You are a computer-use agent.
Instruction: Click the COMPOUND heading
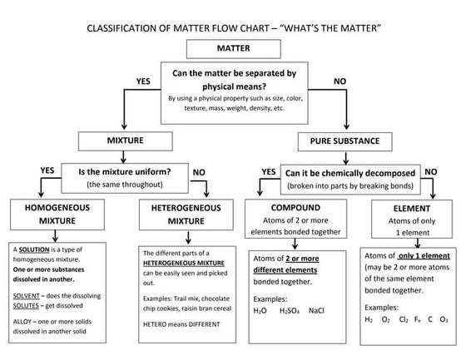pyautogui.click(x=298, y=207)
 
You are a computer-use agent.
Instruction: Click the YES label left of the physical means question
pyautogui.click(x=142, y=81)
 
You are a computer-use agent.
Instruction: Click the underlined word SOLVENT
pyautogui.click(x=27, y=294)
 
